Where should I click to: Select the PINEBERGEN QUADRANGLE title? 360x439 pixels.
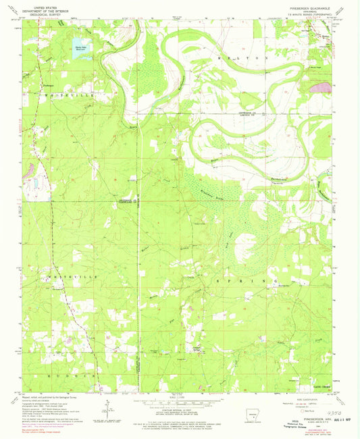click(x=317, y=4)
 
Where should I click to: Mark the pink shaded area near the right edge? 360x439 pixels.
click(x=323, y=86)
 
